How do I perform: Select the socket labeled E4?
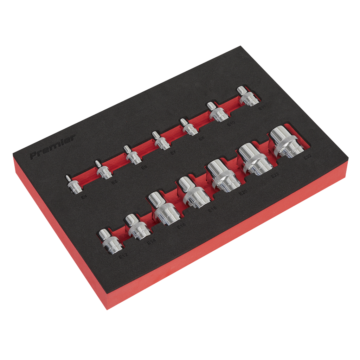point(74,185)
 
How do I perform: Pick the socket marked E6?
point(133,156)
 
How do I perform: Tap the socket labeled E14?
point(139,227)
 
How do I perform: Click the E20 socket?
point(223,176)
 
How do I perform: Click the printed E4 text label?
point(84,198)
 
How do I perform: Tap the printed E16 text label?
point(181,226)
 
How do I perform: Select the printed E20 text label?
point(243,192)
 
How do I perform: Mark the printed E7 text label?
point(172,153)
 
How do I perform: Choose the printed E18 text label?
point(212,210)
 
